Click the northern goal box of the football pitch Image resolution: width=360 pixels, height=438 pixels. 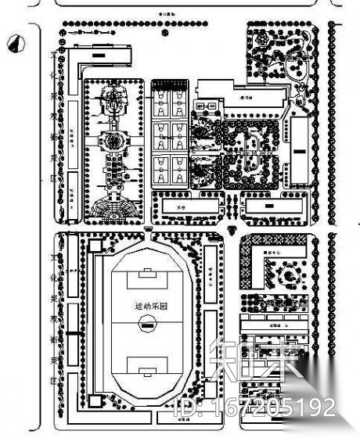click(146, 276)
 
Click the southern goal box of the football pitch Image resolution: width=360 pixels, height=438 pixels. click(146, 368)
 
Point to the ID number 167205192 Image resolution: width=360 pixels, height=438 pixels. click(257, 407)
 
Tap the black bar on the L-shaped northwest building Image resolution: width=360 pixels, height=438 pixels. click(99, 56)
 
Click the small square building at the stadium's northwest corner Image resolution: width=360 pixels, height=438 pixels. click(95, 246)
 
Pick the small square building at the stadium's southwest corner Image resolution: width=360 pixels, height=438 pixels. click(95, 401)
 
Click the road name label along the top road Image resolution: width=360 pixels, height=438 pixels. click(167, 14)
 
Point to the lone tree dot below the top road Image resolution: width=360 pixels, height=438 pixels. click(164, 34)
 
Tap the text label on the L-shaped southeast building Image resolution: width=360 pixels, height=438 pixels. click(273, 252)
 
